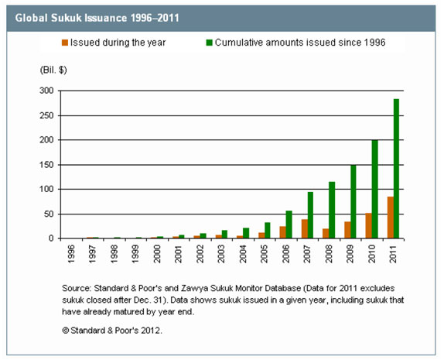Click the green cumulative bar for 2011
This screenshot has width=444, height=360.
click(x=396, y=169)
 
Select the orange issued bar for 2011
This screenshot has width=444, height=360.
click(x=391, y=218)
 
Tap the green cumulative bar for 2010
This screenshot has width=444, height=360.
click(x=374, y=190)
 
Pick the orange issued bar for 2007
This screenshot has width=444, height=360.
click(x=305, y=228)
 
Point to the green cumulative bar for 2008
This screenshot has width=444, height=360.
click(x=332, y=210)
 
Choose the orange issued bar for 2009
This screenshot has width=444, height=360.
click(x=347, y=230)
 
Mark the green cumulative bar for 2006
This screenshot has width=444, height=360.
click(x=289, y=225)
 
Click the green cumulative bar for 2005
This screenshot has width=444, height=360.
click(x=268, y=231)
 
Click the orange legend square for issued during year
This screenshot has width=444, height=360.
click(x=65, y=43)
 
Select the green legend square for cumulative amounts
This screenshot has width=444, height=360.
click(x=210, y=43)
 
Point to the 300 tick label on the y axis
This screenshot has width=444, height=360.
click(x=46, y=91)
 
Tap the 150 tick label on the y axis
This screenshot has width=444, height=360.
click(x=46, y=165)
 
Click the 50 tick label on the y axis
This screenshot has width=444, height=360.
click(x=49, y=214)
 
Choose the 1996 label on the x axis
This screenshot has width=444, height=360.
click(x=71, y=254)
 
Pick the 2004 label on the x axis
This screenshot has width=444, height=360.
click(x=243, y=254)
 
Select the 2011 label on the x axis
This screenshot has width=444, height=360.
click(x=393, y=254)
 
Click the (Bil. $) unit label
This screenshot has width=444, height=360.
click(x=53, y=70)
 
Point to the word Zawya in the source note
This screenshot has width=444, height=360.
click(x=193, y=288)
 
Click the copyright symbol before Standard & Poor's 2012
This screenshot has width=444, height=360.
click(x=66, y=331)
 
